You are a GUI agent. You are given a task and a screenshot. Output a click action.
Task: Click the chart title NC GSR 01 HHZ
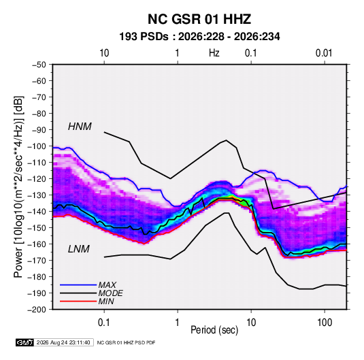click(x=199, y=19)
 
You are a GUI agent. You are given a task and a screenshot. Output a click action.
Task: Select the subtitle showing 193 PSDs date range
click(x=199, y=37)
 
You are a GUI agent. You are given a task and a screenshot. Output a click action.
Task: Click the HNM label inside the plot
click(x=80, y=127)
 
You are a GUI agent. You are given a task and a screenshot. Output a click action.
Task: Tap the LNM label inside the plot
click(x=79, y=249)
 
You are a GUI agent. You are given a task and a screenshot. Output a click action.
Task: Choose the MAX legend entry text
click(x=107, y=285)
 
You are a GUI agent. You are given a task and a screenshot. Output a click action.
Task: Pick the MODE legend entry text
click(x=110, y=293)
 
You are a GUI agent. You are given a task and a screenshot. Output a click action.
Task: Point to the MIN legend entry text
click(x=106, y=301)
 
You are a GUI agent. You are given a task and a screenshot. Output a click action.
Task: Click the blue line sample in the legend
click(x=78, y=285)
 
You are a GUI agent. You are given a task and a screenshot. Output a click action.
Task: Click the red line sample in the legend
click(x=78, y=301)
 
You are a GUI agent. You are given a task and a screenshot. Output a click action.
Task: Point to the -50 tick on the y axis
click(x=39, y=65)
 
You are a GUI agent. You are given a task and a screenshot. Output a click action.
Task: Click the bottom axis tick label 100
click(x=325, y=323)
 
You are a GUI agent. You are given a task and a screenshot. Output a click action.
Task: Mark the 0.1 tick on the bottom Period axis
click(x=104, y=323)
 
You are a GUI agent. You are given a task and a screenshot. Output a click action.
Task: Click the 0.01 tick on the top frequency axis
click(x=324, y=53)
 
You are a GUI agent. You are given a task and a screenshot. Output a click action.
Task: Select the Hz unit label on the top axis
click(x=214, y=53)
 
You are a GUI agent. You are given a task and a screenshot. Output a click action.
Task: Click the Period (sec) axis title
click(x=214, y=330)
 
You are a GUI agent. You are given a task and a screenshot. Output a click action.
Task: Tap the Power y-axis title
click(x=18, y=187)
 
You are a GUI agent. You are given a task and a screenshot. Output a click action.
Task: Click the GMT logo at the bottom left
click(x=24, y=342)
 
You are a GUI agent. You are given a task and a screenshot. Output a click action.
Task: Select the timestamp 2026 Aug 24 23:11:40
click(x=63, y=342)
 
